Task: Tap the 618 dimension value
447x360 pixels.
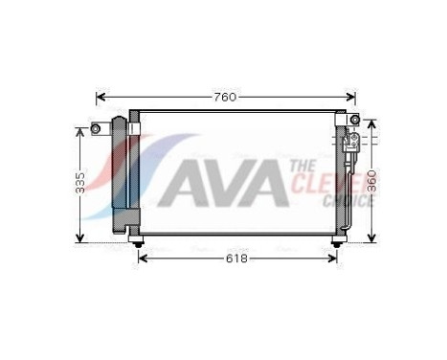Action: (237, 259)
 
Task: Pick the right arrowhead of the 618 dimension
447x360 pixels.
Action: (332, 259)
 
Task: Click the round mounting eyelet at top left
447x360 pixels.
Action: (95, 128)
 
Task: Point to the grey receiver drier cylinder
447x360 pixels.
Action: (121, 173)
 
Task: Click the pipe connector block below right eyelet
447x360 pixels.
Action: (351, 144)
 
